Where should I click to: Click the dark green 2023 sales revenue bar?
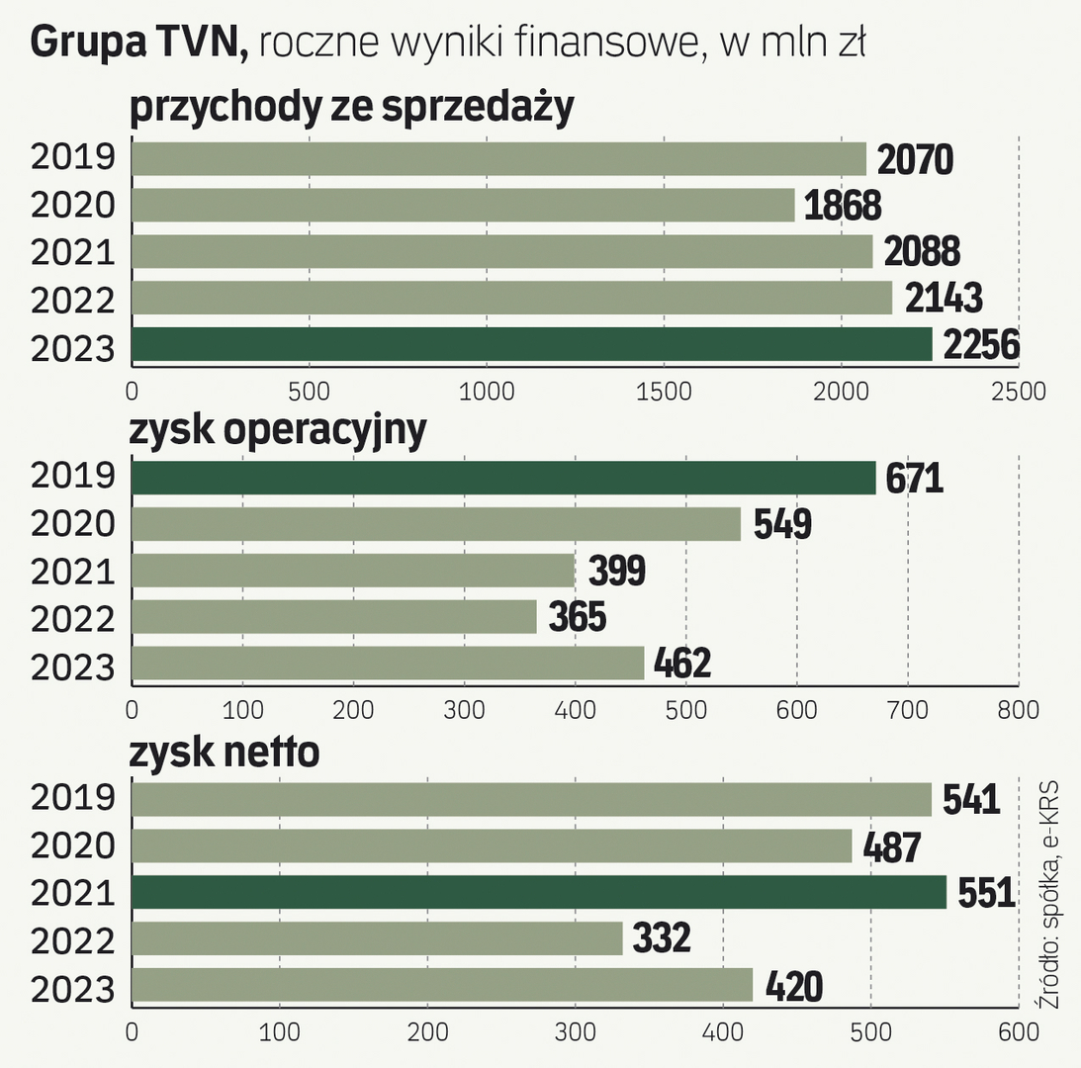[531, 344]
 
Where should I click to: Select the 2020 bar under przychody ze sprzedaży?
[463, 205]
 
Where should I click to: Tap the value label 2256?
[980, 345]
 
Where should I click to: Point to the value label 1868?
[842, 206]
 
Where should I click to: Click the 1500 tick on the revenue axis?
[665, 391]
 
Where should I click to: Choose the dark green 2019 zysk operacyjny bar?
[503, 478]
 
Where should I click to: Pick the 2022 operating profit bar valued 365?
[333, 617]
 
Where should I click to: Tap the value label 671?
[915, 479]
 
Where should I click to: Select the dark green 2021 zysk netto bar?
[539, 892]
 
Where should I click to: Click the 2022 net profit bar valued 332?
[377, 938]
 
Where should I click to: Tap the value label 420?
[792, 986]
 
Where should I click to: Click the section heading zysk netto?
[225, 753]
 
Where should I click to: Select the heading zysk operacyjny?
[278, 430]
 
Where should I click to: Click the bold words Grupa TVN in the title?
[139, 43]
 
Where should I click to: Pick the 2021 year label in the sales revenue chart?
[73, 251]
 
